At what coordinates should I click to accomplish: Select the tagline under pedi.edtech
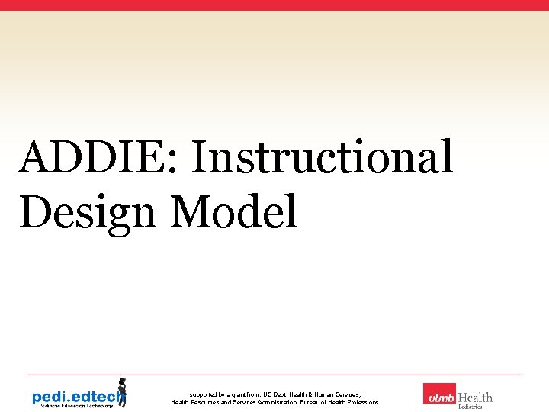click(72, 406)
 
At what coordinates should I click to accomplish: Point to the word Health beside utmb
click(475, 398)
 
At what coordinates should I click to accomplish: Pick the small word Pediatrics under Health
click(470, 407)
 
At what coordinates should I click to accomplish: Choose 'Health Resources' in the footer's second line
click(195, 402)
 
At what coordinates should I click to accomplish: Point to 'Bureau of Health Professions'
click(340, 402)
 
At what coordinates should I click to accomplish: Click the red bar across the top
click(274, 5)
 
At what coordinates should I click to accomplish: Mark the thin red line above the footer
click(274, 375)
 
